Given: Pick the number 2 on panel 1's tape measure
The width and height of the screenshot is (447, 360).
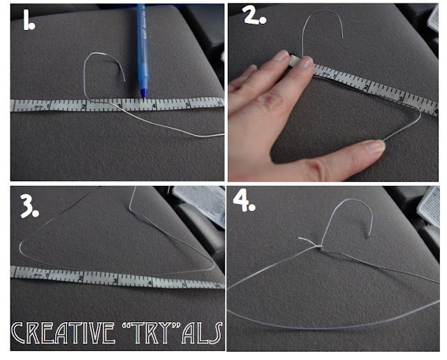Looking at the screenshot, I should pos(82,106).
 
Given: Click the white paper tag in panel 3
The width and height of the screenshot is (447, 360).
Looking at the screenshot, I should pos(197,203).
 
